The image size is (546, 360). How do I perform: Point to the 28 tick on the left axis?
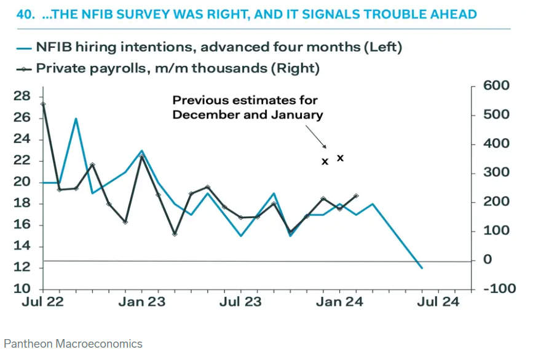tap(22, 96)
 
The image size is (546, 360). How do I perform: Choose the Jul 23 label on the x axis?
tap(240, 302)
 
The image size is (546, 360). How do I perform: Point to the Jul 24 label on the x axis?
tap(438, 302)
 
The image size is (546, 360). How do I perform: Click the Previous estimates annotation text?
tap(247, 108)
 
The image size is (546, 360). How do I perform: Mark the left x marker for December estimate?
tap(325, 162)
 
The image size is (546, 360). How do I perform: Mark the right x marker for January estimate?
tap(340, 158)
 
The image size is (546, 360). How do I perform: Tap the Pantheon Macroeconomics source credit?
tap(73, 343)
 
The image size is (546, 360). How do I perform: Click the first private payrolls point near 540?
tap(42, 104)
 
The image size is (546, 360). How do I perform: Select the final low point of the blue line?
tap(422, 268)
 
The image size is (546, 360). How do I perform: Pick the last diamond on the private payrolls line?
tap(357, 196)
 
